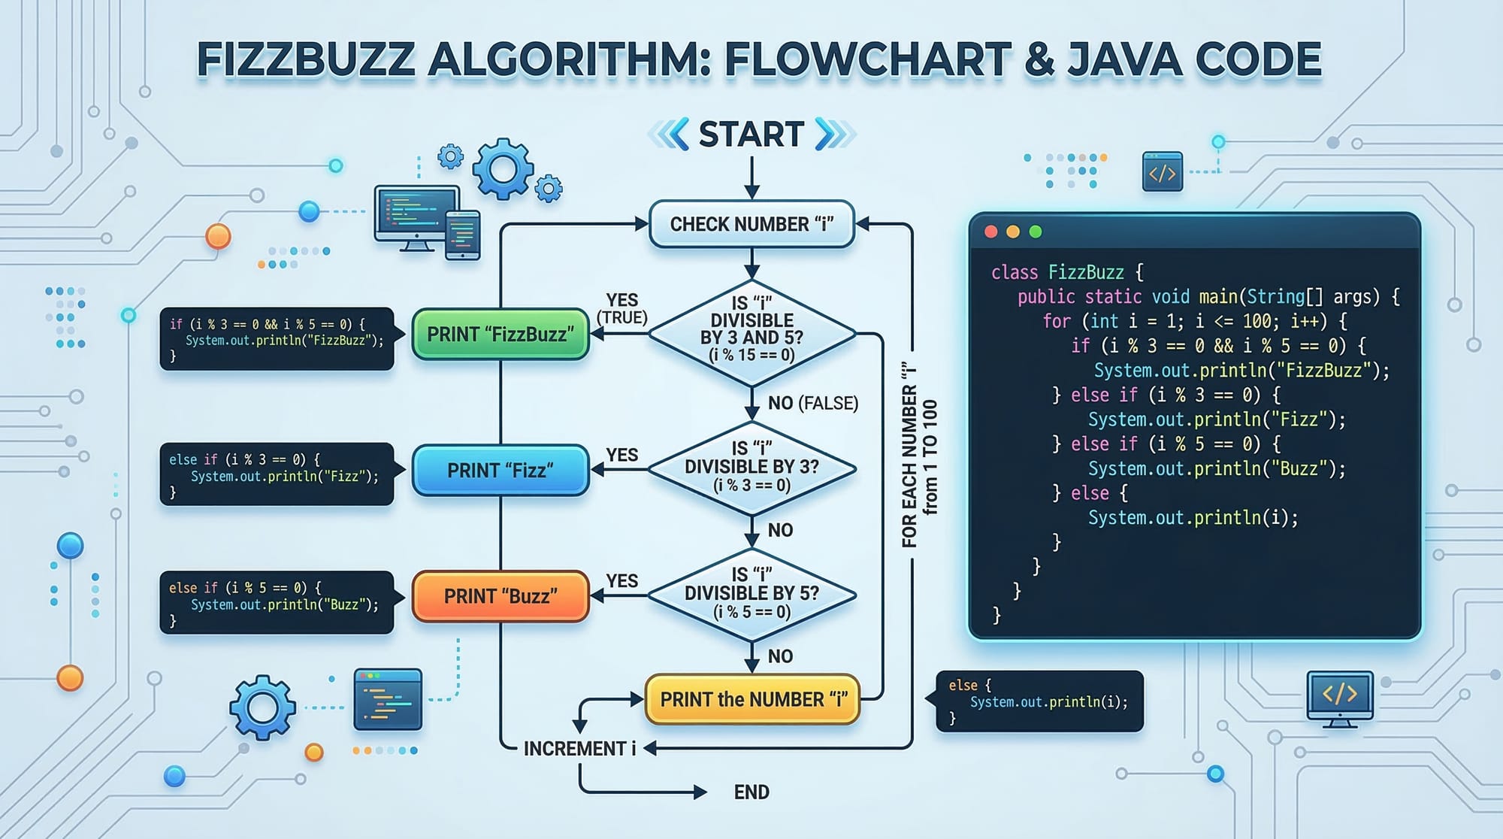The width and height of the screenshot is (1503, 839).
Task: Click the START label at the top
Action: pyautogui.click(x=751, y=135)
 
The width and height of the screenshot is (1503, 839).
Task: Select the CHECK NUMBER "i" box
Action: pyautogui.click(x=751, y=224)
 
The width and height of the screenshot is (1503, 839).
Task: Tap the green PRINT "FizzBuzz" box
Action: pyautogui.click(x=500, y=335)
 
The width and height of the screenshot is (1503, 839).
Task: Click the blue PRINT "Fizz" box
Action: pyautogui.click(x=500, y=471)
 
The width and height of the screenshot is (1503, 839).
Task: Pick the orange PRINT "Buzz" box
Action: pyautogui.click(x=500, y=597)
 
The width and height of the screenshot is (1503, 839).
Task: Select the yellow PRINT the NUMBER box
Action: pyautogui.click(x=752, y=700)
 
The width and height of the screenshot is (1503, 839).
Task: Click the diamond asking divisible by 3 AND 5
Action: pyautogui.click(x=751, y=331)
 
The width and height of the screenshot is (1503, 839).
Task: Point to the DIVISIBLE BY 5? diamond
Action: pyautogui.click(x=751, y=595)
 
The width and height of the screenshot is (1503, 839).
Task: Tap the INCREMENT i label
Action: pyautogui.click(x=579, y=749)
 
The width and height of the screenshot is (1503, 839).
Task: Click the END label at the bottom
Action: pyautogui.click(x=751, y=792)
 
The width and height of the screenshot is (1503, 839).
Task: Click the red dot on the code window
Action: pyautogui.click(x=991, y=232)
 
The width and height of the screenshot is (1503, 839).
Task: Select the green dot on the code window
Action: pyautogui.click(x=1036, y=232)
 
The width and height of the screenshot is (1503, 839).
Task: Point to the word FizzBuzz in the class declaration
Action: pyautogui.click(x=1086, y=272)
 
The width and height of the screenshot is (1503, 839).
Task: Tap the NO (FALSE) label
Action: pyautogui.click(x=812, y=404)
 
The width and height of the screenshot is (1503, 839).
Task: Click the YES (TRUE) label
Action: pyautogui.click(x=622, y=309)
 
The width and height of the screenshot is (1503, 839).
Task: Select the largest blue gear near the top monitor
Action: pyautogui.click(x=502, y=169)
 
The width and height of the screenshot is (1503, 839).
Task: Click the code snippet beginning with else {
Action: pyautogui.click(x=1040, y=701)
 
